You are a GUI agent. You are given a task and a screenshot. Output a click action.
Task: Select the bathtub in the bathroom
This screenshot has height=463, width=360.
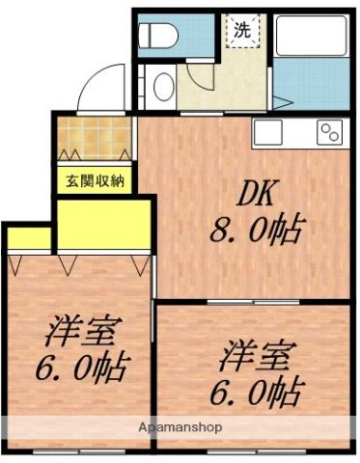(x=309, y=37)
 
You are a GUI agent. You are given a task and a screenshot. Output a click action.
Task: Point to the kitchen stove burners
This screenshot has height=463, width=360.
(x=330, y=133)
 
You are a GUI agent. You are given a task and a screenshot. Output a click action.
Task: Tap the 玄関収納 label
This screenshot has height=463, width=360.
(x=95, y=179)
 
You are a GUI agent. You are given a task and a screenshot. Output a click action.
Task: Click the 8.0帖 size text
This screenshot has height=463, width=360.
(x=257, y=230)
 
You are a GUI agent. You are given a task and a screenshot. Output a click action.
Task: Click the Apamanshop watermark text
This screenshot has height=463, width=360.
(x=180, y=426)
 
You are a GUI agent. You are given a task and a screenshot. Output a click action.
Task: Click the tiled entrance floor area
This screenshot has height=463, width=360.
(x=95, y=138)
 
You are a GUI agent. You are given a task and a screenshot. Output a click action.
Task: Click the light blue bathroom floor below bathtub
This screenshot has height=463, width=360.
(x=309, y=86)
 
